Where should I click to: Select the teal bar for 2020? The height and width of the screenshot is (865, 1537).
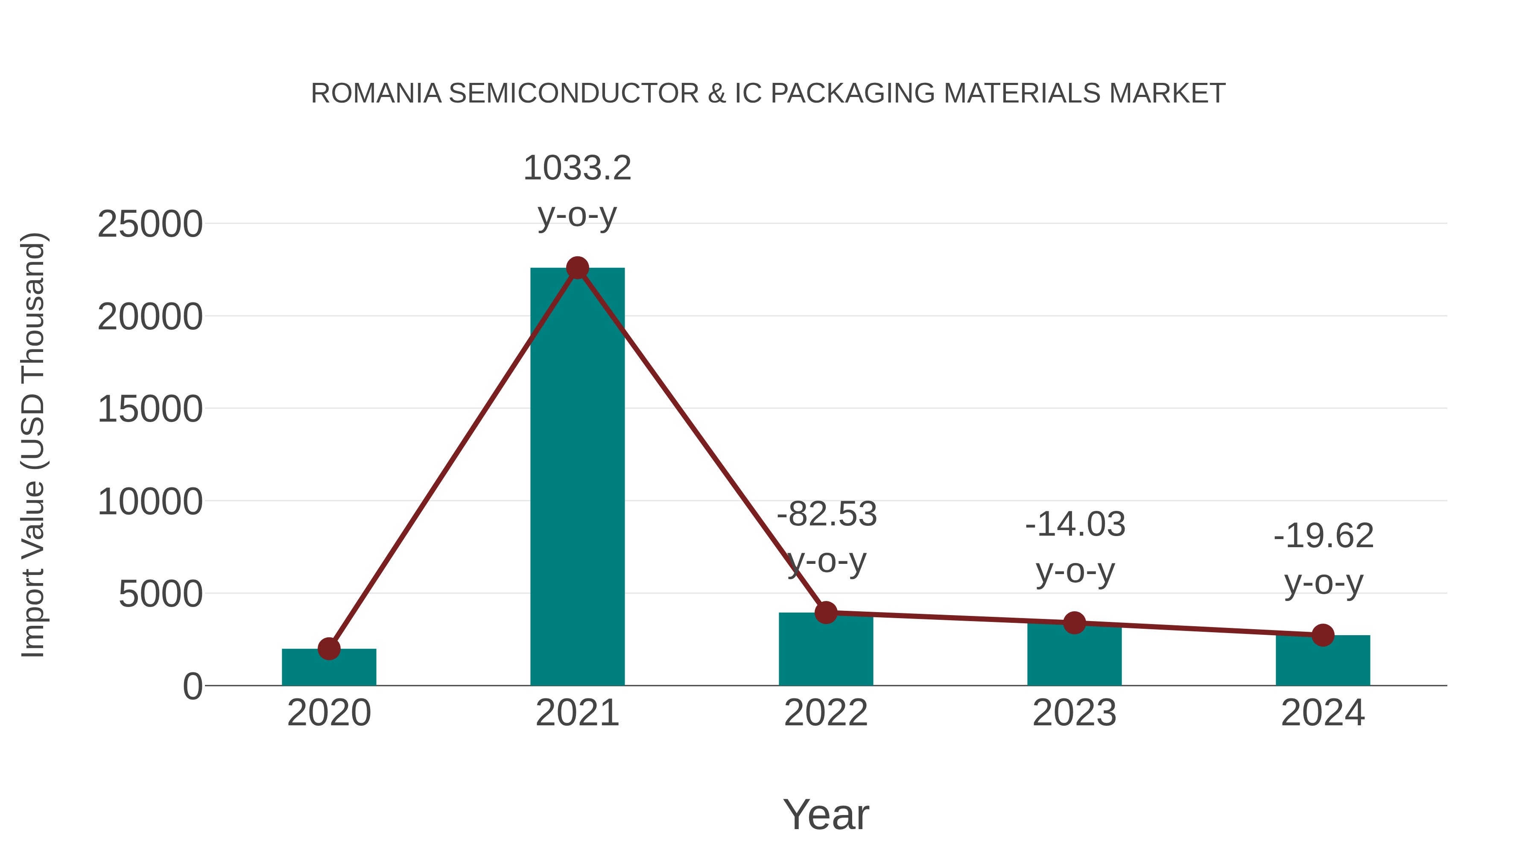329,669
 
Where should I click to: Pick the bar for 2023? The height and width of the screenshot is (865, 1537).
1074,657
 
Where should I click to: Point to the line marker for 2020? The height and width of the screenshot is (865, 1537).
329,648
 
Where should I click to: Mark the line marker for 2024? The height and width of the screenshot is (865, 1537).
1323,635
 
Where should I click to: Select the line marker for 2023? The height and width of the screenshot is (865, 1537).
1074,623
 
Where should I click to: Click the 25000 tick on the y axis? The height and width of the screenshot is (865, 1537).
150,225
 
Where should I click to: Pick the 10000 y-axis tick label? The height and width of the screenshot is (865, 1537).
150,502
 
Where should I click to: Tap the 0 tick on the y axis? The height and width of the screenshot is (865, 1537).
193,686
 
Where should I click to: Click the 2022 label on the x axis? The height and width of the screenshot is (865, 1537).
826,713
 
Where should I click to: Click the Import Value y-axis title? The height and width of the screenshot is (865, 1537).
33,445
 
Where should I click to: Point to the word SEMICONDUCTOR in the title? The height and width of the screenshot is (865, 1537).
573,94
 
